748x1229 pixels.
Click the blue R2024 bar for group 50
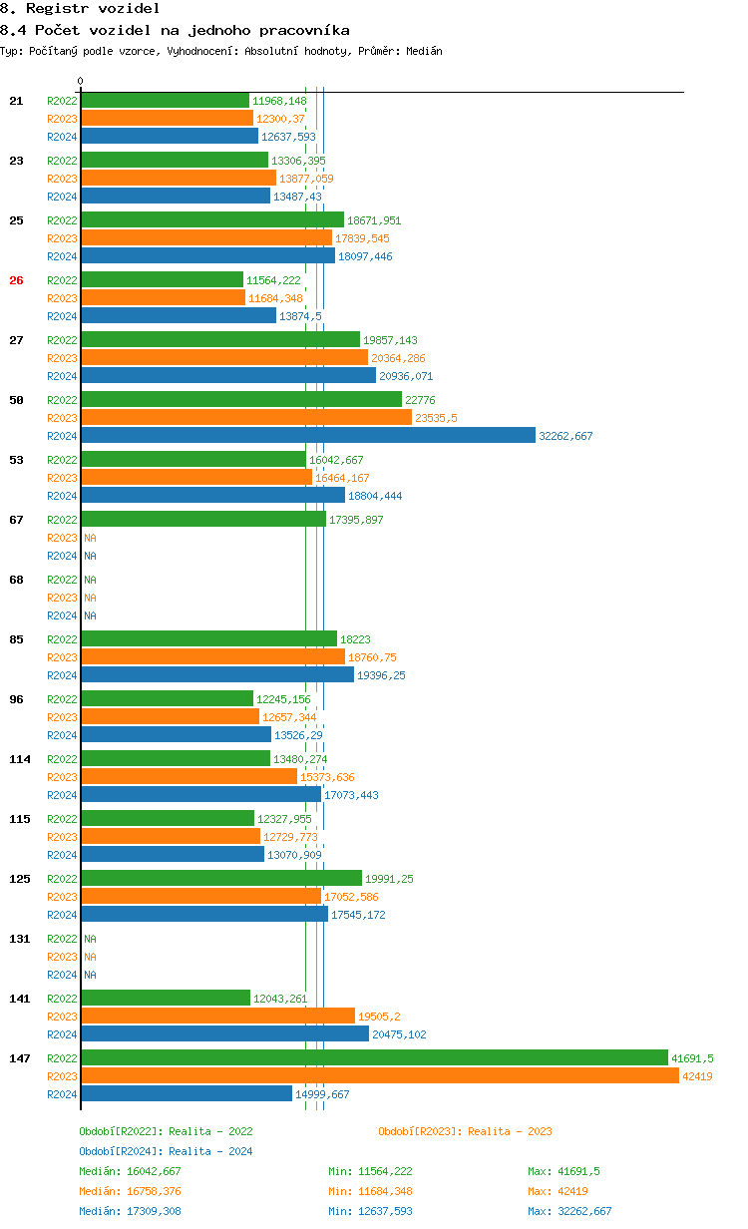[308, 435]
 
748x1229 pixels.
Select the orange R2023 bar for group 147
[380, 1075]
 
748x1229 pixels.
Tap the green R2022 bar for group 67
[203, 519]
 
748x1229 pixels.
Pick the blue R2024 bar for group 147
[187, 1093]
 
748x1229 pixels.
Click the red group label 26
[16, 280]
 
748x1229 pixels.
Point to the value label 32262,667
[565, 436]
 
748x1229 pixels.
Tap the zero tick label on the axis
[81, 81]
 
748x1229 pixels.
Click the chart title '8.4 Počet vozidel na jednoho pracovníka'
[175, 30]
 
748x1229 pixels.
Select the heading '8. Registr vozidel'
[80, 8]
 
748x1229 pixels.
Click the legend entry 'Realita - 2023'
[465, 1131]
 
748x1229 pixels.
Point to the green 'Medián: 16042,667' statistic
[130, 1171]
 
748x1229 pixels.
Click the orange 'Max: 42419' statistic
[560, 1191]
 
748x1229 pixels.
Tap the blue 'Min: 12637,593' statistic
[370, 1211]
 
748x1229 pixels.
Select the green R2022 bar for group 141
[166, 998]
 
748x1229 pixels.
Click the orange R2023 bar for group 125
[200, 896]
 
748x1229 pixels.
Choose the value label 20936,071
[406, 376]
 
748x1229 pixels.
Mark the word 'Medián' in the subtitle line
[424, 51]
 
